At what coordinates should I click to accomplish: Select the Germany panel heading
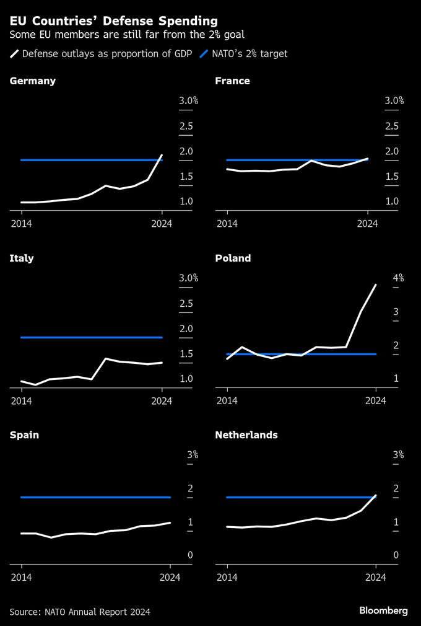(x=33, y=81)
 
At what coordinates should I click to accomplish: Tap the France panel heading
(x=232, y=81)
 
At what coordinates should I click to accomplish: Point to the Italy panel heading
(x=22, y=258)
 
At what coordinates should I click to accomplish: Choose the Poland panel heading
(x=233, y=258)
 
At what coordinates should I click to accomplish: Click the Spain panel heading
(x=24, y=434)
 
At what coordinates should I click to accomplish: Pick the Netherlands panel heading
(x=246, y=434)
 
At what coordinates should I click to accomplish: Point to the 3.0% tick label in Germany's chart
(x=188, y=100)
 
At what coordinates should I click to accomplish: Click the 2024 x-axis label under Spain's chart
(x=170, y=578)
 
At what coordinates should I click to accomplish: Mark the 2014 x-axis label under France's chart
(x=227, y=224)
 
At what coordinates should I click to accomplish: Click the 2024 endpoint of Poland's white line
(x=375, y=285)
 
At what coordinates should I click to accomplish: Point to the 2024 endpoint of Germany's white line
(x=162, y=155)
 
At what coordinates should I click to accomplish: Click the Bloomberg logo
(x=383, y=611)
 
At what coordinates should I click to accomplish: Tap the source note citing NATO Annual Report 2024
(x=80, y=612)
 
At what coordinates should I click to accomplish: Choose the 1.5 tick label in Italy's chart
(x=186, y=354)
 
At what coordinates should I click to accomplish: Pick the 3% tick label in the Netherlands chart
(x=398, y=454)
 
